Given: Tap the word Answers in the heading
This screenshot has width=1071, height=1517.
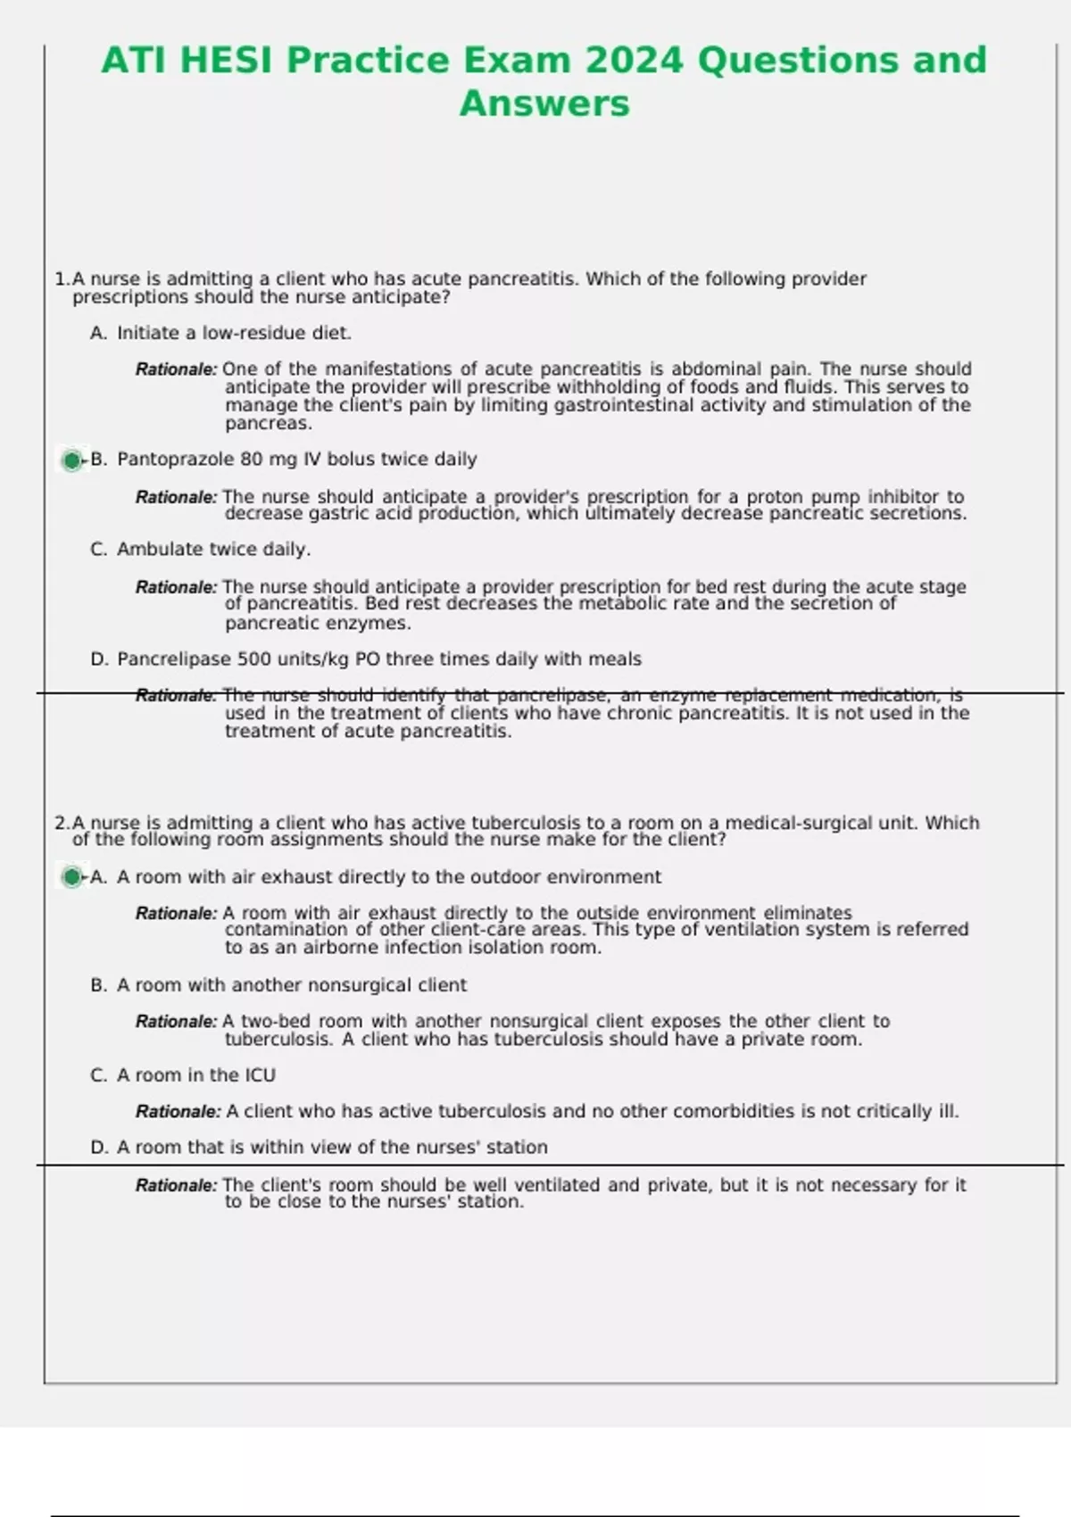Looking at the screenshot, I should (x=544, y=104).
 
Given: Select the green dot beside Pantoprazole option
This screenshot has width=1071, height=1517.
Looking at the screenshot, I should (x=71, y=460).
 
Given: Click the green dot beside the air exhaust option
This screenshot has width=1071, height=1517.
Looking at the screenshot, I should (x=71, y=877).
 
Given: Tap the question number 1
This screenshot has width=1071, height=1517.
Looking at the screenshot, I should (x=60, y=279).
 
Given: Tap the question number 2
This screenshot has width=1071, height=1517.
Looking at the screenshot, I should (x=60, y=823).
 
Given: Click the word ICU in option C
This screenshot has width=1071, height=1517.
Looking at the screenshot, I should (x=260, y=1075).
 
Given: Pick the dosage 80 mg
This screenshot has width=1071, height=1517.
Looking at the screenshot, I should (x=270, y=460).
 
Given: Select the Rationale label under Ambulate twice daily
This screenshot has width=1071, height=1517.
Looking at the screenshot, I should (x=176, y=587).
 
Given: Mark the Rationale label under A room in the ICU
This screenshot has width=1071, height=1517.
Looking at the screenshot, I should (x=178, y=1112).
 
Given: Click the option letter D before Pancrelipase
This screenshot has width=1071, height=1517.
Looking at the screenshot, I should (x=98, y=659).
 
